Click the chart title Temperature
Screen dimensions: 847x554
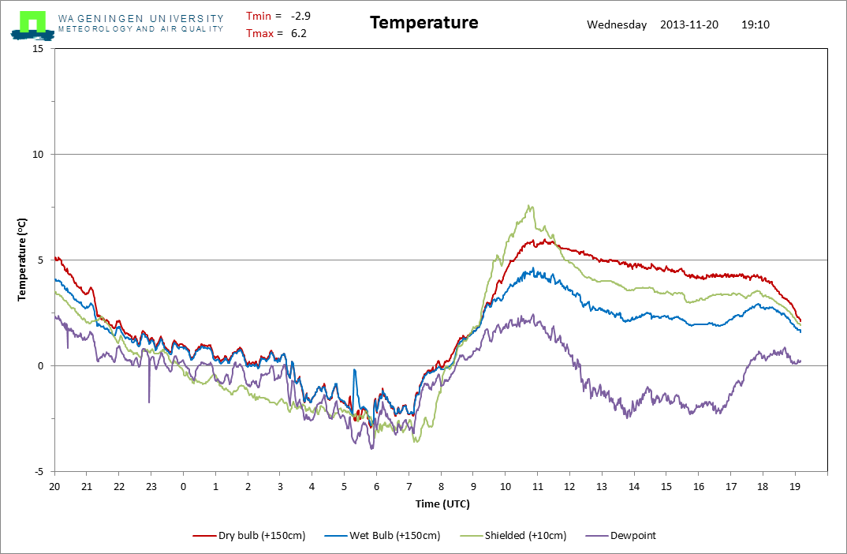[424, 23]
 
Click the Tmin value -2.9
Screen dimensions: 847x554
[300, 16]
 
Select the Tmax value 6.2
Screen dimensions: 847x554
[299, 33]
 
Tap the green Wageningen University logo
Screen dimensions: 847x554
[33, 25]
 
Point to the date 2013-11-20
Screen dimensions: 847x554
[689, 24]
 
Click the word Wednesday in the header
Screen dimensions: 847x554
[617, 25]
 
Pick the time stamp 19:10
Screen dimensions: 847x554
[756, 24]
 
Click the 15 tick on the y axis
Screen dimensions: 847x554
[38, 49]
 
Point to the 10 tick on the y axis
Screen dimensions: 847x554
[38, 155]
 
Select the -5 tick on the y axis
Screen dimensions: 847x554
[39, 472]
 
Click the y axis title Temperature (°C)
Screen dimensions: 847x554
[21, 260]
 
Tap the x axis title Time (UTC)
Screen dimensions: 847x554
[442, 503]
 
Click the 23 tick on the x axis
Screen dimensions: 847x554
[151, 486]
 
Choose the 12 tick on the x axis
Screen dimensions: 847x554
[569, 486]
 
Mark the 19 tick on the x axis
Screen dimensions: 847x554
[795, 486]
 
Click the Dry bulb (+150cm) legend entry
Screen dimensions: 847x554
[249, 536]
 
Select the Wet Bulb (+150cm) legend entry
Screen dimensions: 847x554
[382, 536]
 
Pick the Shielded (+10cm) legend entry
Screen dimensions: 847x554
[513, 536]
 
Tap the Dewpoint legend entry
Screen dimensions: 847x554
[621, 536]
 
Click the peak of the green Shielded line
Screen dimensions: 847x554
[529, 205]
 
